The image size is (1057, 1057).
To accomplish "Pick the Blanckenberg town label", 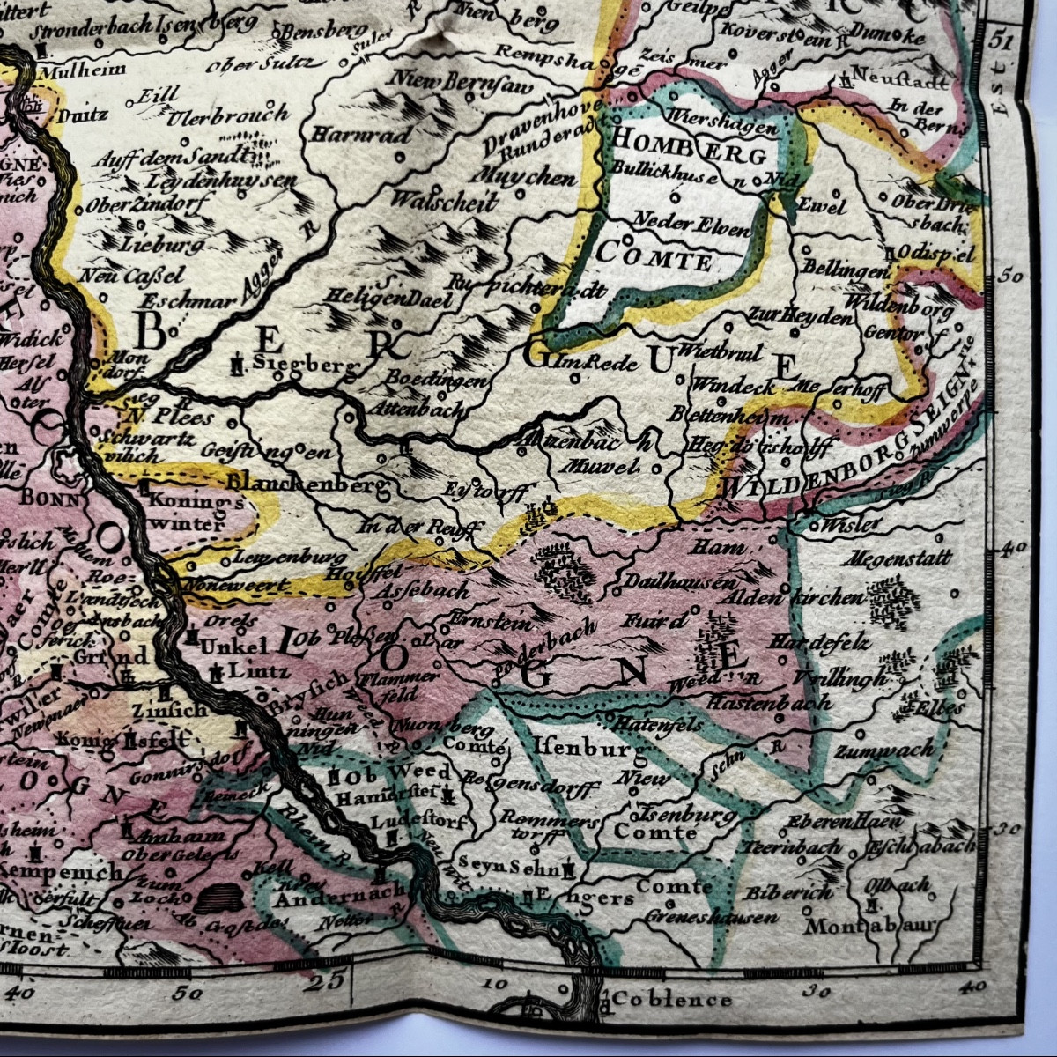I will point(307,484).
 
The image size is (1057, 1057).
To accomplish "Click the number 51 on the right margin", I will point(1001,41).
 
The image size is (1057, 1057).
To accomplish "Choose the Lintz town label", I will point(258,672).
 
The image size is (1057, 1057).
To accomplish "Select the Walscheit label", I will point(443,200).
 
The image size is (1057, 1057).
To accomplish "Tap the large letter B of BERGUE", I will point(151,331).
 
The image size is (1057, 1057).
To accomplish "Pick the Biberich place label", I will point(788,892).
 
